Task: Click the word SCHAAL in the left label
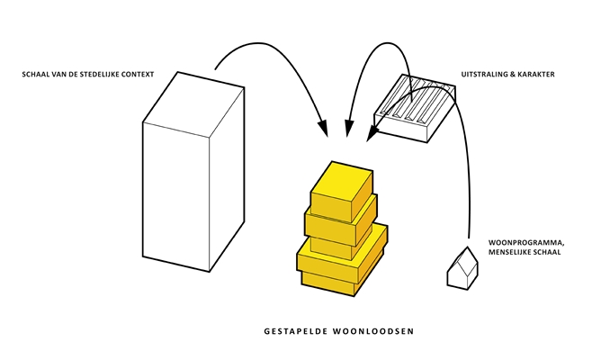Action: [x=38, y=73]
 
